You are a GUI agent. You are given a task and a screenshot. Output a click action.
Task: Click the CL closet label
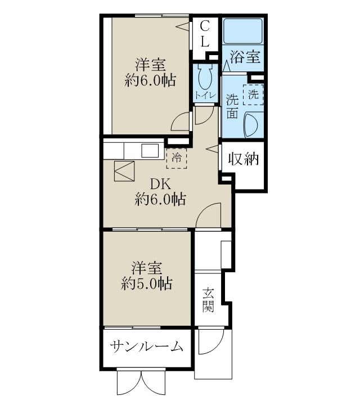coord(205,34)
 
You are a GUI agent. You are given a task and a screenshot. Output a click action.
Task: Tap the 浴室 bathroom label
coord(246,56)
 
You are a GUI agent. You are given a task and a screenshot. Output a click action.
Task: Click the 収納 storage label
coord(243,159)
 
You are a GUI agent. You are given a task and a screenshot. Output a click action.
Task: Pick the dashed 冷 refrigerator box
coord(177,158)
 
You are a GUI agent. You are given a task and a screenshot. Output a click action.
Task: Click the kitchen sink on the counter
coord(150,151)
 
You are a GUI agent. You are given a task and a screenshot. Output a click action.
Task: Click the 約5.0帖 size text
coord(147,283)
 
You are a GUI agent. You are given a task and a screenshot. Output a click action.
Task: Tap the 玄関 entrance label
coord(208,300)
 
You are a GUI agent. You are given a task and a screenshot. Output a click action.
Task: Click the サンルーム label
coord(147,346)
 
